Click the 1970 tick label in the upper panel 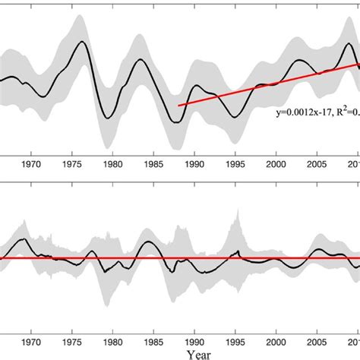(x=32, y=163)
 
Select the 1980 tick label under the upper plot (x=112, y=163)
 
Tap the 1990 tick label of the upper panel (x=194, y=163)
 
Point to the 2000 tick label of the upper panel (x=276, y=163)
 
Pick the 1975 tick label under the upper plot (x=72, y=163)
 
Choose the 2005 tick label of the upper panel (x=317, y=163)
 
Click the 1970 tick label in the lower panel (x=32, y=342)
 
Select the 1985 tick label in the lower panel (x=153, y=342)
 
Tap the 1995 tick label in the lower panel (x=235, y=342)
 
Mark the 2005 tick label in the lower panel (x=317, y=342)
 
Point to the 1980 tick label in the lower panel (x=112, y=342)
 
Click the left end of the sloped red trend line (x=178, y=106)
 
